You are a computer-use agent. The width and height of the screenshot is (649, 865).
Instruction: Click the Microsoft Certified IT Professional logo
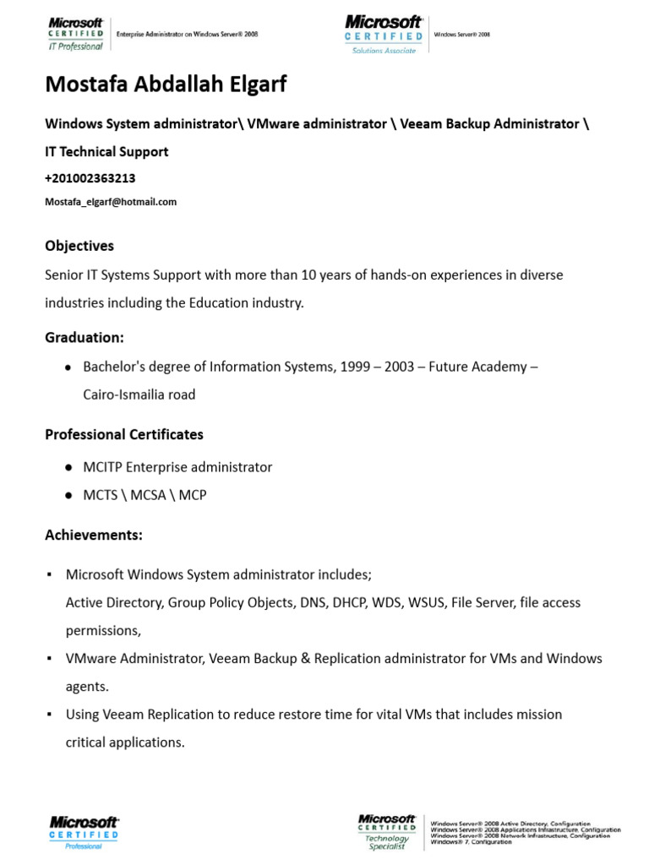[76, 35]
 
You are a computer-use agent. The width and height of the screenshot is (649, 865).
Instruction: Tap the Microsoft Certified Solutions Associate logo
[384, 35]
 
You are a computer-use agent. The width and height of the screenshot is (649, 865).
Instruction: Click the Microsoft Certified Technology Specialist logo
[387, 832]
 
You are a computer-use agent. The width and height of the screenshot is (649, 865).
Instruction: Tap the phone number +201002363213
[90, 178]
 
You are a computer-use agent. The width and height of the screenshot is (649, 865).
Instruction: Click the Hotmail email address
[111, 202]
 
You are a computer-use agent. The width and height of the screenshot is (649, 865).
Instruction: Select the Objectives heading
[79, 246]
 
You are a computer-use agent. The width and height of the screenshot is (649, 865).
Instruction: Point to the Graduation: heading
[84, 337]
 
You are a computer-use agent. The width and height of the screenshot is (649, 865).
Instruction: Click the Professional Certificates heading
[123, 434]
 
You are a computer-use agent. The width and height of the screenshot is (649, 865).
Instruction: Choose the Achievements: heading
[93, 536]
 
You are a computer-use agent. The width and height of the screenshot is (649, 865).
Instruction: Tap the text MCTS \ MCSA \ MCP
[145, 495]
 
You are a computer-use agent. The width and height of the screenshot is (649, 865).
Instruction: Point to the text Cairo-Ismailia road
[139, 394]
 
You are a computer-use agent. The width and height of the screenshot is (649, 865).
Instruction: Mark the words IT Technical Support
[106, 151]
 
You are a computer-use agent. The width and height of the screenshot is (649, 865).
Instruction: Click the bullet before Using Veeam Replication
[49, 715]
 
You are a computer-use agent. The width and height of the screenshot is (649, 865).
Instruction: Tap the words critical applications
[124, 742]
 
